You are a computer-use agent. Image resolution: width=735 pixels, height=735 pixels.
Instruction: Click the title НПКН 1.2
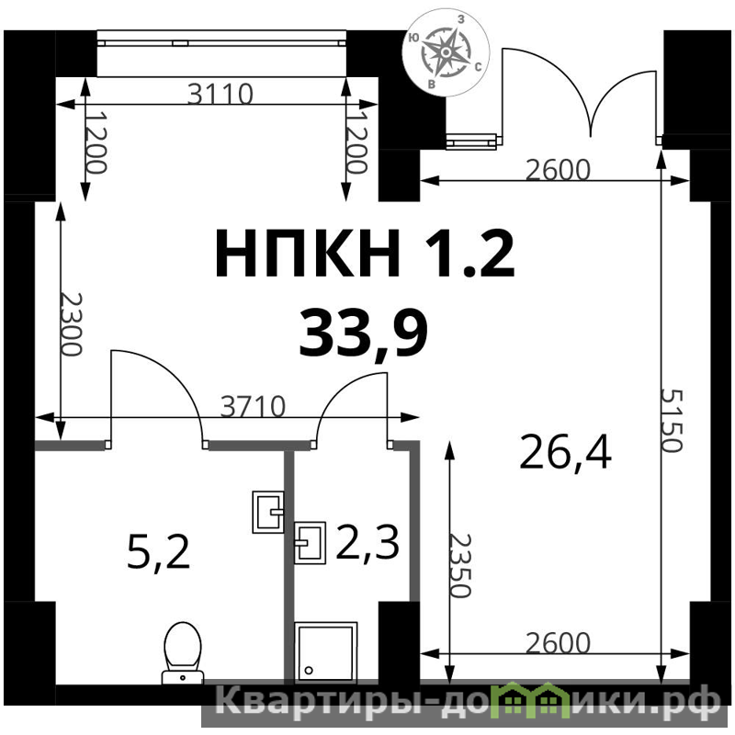(x=365, y=254)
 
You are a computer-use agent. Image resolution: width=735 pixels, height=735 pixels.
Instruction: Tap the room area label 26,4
(x=565, y=452)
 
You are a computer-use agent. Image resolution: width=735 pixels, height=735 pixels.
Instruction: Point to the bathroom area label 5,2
(x=158, y=553)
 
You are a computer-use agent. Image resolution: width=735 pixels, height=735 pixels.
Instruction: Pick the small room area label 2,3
(x=367, y=542)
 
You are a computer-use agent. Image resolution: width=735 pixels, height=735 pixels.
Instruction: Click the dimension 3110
(x=220, y=94)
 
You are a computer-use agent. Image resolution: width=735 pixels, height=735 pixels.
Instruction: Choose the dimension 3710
(x=253, y=406)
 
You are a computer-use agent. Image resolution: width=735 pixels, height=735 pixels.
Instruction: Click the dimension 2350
(x=458, y=565)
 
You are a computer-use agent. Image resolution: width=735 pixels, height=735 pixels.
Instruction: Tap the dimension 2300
(x=72, y=324)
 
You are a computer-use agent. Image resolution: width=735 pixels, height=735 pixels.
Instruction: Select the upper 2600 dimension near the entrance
(x=558, y=170)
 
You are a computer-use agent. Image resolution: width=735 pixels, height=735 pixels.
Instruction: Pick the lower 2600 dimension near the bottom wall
(x=558, y=643)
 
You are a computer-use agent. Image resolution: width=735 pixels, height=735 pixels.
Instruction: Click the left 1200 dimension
(x=96, y=142)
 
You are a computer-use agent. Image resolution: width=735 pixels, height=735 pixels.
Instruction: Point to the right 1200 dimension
(x=355, y=142)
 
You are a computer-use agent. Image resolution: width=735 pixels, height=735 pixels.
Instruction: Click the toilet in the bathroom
(x=183, y=653)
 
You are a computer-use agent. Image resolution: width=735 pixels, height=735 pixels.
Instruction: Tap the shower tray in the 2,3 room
(x=326, y=651)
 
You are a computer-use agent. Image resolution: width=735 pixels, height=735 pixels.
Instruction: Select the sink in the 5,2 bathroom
(x=268, y=512)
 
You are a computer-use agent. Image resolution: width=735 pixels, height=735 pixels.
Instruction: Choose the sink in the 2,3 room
(x=310, y=542)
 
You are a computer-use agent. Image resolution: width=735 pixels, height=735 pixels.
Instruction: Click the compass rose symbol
(x=446, y=52)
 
